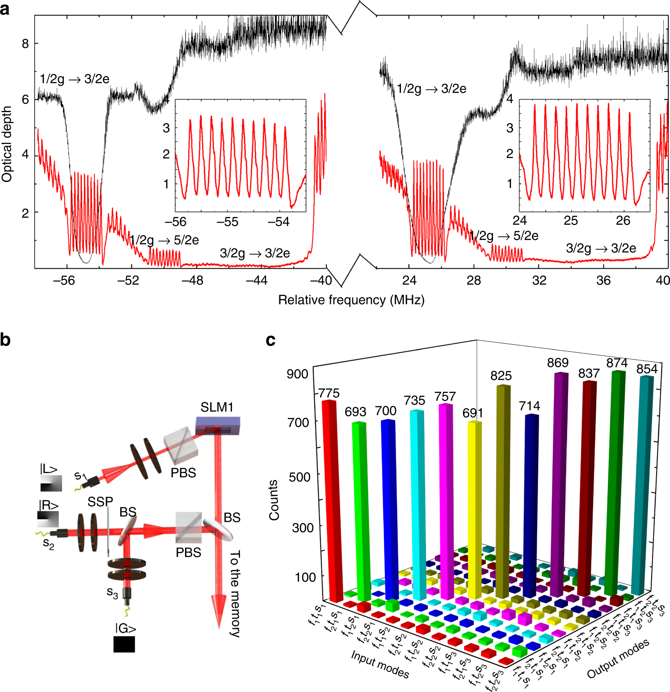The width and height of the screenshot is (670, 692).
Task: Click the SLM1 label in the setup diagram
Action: point(217,407)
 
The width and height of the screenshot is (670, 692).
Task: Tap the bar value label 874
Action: point(617,363)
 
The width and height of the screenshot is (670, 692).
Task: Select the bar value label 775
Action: point(329,393)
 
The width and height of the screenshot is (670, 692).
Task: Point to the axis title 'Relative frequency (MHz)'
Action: point(351,300)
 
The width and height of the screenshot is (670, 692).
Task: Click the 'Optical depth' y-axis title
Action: point(7,144)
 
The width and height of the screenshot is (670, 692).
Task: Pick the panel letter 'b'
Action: point(5,340)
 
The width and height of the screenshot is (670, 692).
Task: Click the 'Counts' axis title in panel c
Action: point(274,500)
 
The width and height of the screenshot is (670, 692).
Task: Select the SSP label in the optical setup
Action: point(100,502)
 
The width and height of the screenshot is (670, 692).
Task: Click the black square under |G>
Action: point(124,644)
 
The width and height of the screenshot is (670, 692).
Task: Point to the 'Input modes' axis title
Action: point(380,664)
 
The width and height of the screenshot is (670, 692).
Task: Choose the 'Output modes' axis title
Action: point(618,659)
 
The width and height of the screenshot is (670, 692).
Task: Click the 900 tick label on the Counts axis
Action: point(297,374)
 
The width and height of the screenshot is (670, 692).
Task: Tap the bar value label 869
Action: point(558,363)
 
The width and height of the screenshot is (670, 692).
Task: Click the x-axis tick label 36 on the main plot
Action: point(603,280)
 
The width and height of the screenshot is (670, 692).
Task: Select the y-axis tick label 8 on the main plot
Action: point(25,44)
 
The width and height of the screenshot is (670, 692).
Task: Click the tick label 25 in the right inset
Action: point(571,220)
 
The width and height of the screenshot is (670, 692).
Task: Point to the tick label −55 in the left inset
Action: point(228,222)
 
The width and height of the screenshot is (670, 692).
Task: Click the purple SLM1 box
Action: point(218,426)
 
